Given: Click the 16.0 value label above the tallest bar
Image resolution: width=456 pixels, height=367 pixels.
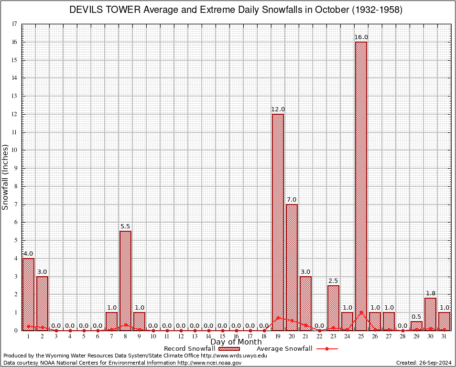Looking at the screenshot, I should pos(361,37).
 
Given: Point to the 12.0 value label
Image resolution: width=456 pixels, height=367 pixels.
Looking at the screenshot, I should pos(278,109).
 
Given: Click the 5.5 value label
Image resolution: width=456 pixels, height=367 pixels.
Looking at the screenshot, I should pos(125,227).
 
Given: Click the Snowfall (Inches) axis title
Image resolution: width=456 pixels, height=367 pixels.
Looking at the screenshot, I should pos(6,177).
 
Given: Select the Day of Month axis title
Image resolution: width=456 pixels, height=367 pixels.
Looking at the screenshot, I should pos(236,342).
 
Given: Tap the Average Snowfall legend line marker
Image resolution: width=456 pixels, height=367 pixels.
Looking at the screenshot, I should pos(326,349).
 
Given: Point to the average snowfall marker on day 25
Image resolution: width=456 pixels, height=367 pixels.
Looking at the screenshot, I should pos(361,313).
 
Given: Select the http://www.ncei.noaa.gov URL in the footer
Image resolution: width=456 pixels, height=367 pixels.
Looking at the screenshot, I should pos(209,363).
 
